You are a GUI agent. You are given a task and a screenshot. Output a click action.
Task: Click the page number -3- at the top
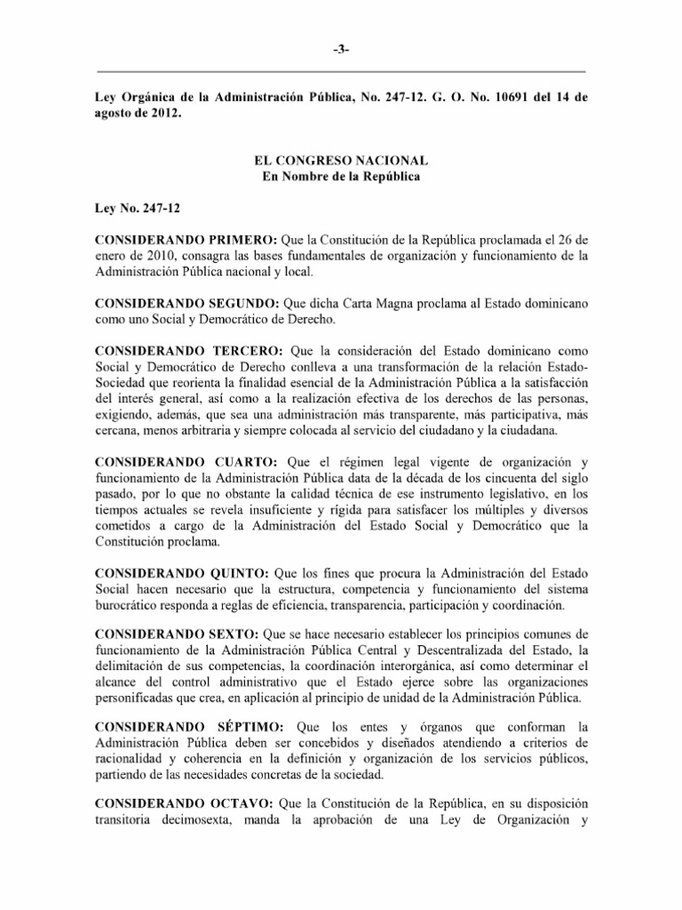(341, 50)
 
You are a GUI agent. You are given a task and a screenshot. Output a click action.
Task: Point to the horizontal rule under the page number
(341, 70)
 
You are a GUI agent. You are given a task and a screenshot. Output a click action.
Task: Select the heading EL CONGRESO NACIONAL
(341, 160)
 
